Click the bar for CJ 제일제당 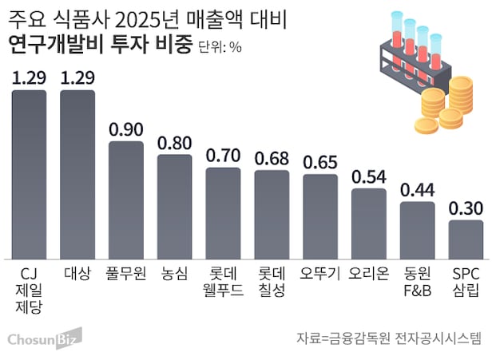[30, 174]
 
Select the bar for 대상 [78, 174]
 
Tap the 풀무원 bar [126, 200]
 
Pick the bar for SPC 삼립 [466, 239]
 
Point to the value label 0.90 [126, 129]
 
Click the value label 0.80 [175, 143]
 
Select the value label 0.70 [224, 156]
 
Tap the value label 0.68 [272, 158]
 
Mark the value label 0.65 [321, 162]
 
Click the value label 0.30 [466, 208]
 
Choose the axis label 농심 [175, 274]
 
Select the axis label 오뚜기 [321, 274]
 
